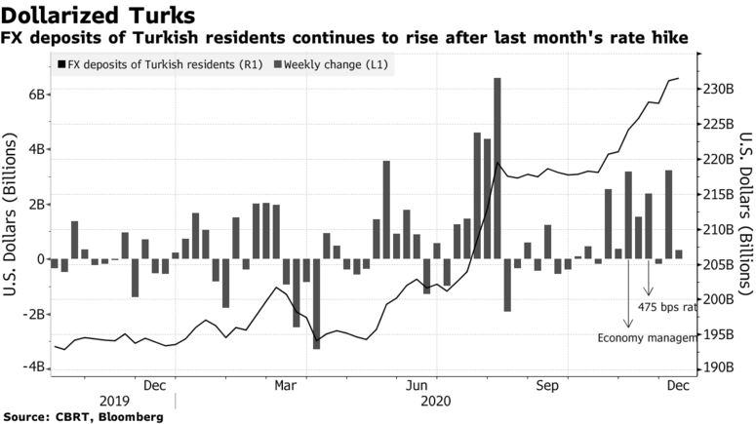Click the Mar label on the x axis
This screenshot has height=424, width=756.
[x=285, y=385]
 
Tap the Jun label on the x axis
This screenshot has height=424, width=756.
[x=419, y=385]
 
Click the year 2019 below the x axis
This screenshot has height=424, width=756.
[x=113, y=401]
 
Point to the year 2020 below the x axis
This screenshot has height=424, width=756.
[x=434, y=401]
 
